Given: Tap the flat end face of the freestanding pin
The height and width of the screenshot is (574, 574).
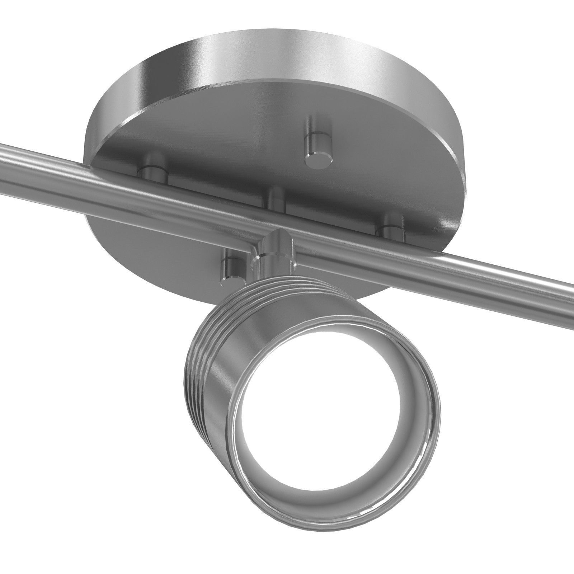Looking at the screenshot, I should point(318,160).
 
